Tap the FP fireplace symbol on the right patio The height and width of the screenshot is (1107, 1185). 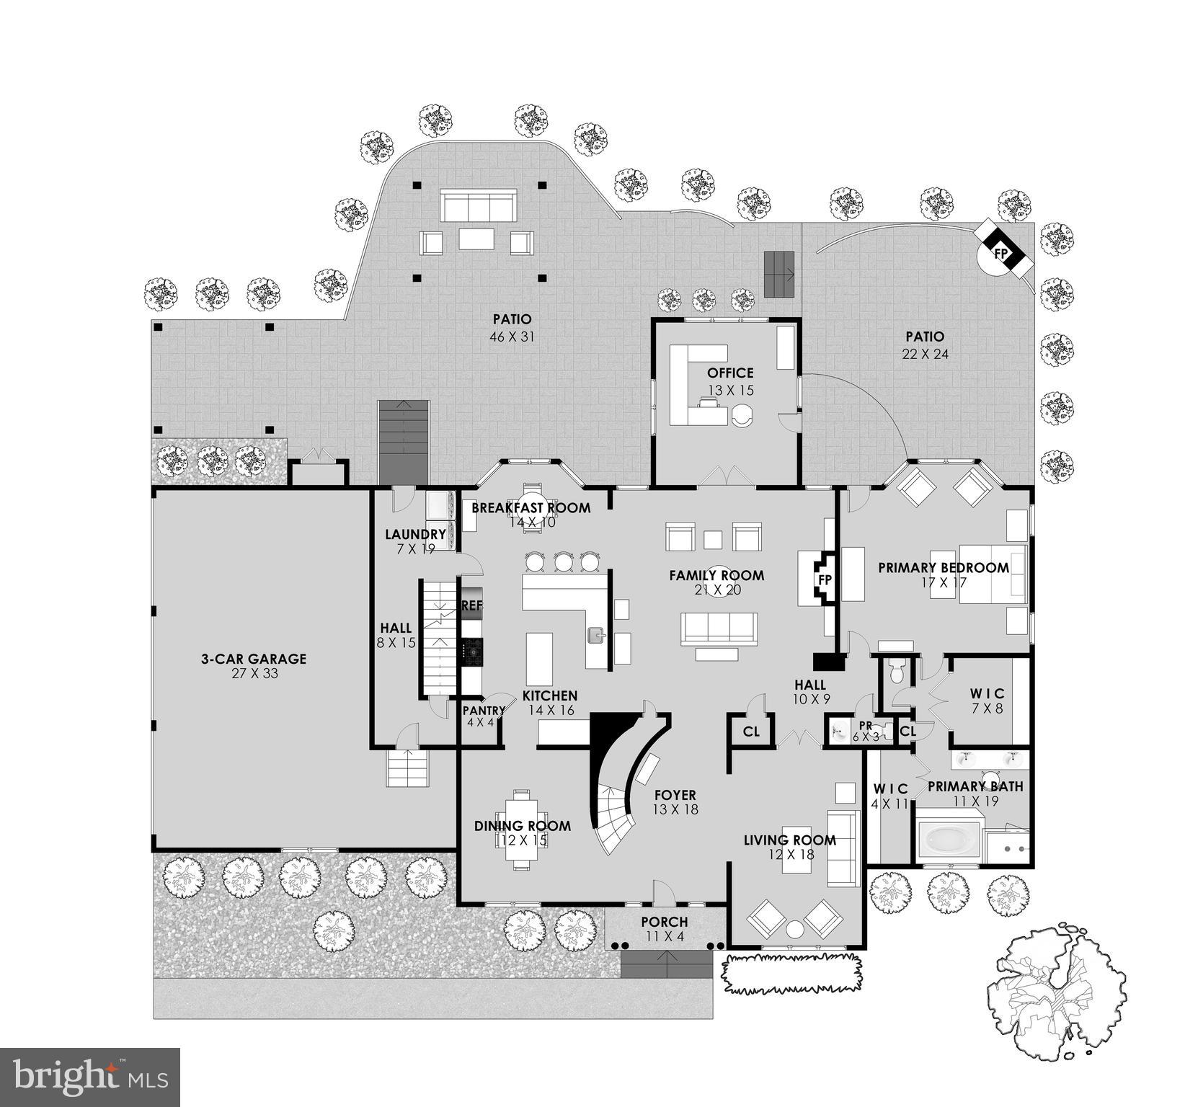[x=1001, y=254]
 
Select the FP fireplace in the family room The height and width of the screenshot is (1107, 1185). [x=825, y=579]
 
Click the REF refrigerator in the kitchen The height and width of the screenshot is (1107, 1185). [x=471, y=605]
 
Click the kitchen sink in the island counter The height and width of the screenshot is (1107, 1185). [x=595, y=635]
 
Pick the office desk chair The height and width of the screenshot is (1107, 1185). [x=742, y=414]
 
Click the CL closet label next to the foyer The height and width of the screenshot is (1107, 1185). [x=751, y=732]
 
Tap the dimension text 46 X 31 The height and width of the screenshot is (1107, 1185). [x=512, y=337]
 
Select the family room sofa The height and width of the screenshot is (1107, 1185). [x=719, y=627]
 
